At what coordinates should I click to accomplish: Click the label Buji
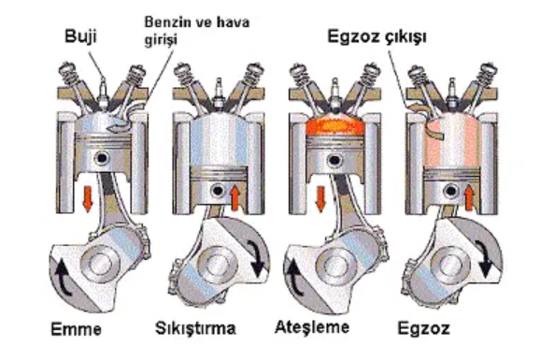click(80, 36)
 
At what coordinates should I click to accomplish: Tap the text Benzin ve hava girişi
click(197, 31)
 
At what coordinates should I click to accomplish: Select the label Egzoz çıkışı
click(377, 36)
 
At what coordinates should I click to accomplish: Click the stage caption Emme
click(76, 329)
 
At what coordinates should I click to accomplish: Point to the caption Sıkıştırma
click(195, 328)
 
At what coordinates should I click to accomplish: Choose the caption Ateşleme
click(312, 327)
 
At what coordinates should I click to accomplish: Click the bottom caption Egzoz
click(424, 328)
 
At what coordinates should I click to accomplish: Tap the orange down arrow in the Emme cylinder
click(88, 198)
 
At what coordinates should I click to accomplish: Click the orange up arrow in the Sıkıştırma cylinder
click(234, 197)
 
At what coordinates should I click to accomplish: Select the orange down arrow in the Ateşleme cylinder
click(321, 199)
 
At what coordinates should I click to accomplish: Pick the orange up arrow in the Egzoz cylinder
click(469, 197)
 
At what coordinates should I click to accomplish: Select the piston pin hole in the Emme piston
click(102, 158)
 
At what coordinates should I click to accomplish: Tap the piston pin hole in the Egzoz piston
click(450, 191)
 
